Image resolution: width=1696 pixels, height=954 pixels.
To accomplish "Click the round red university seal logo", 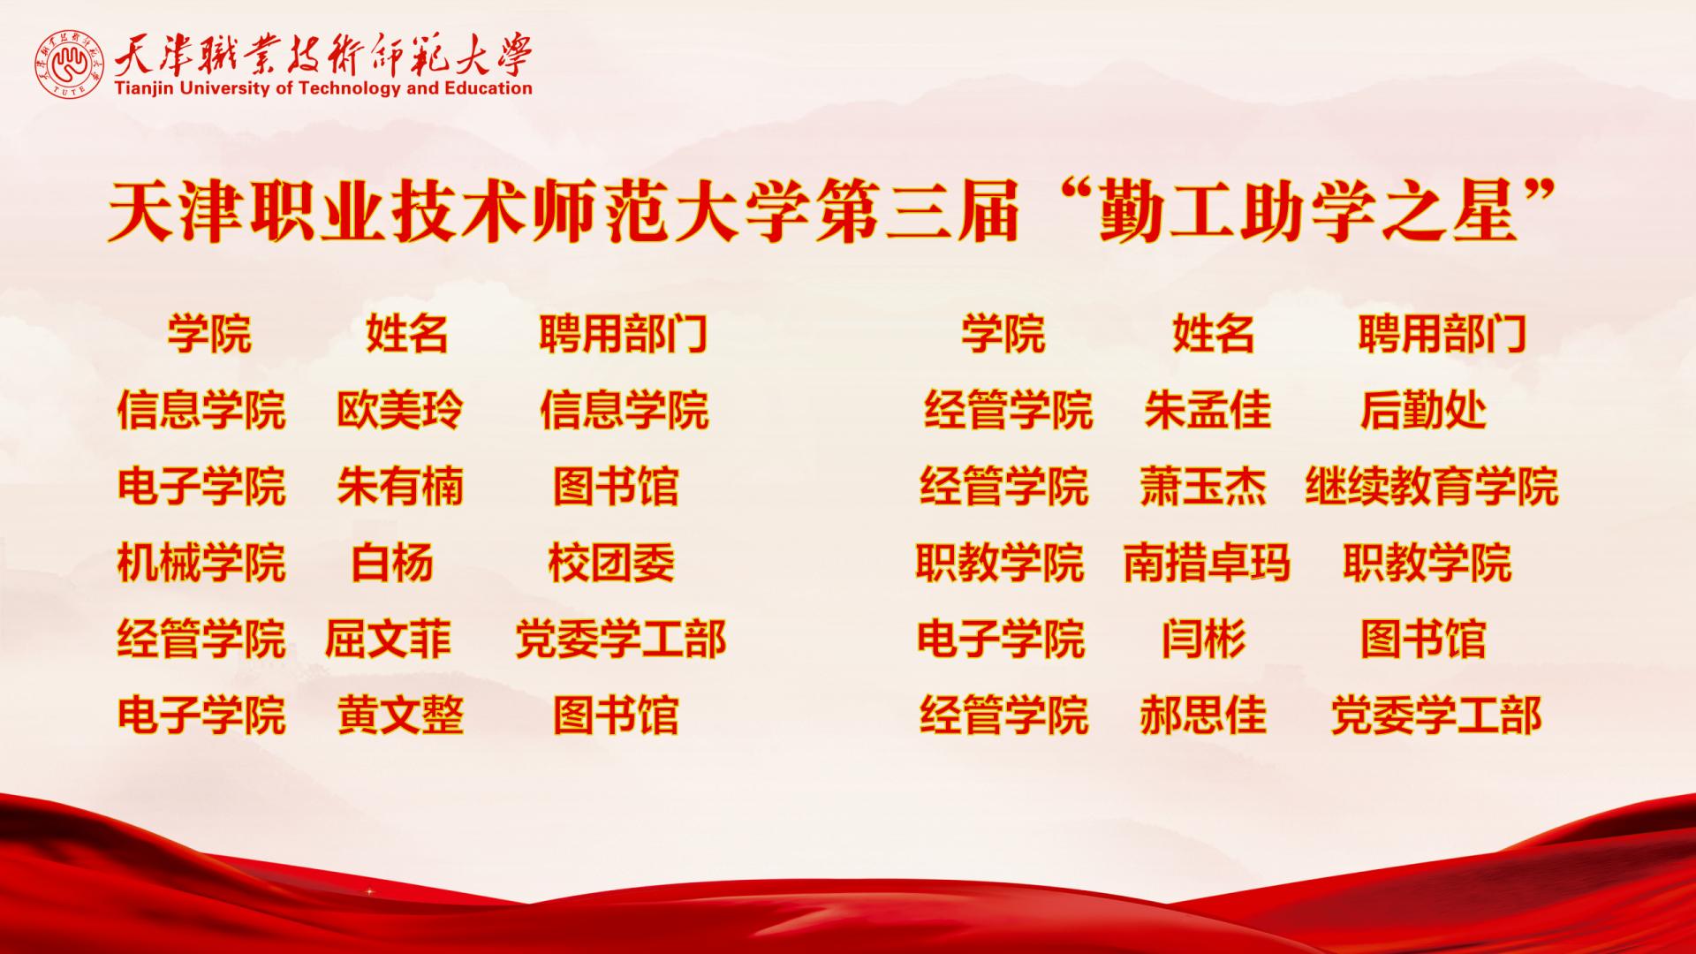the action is (x=70, y=65).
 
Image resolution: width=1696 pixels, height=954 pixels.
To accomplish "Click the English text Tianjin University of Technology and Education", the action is (x=323, y=88).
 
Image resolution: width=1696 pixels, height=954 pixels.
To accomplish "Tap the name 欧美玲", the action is (x=399, y=411).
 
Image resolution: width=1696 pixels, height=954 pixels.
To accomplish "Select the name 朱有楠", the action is (x=399, y=487).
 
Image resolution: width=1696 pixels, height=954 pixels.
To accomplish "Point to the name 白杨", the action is (x=392, y=563).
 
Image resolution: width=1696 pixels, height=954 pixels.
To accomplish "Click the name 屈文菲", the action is (x=389, y=639).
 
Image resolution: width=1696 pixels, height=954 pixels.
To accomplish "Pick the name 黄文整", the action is (x=400, y=715).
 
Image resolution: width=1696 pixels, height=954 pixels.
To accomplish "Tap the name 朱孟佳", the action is (x=1208, y=411).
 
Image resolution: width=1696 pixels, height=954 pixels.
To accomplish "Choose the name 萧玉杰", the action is (x=1203, y=487).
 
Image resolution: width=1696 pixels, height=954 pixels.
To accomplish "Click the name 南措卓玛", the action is (x=1207, y=563).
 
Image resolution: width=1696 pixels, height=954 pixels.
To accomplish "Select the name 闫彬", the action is (x=1203, y=639).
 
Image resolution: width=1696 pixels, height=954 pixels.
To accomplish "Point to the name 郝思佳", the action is (x=1203, y=715).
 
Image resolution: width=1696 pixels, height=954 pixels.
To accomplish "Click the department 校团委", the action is (x=611, y=563).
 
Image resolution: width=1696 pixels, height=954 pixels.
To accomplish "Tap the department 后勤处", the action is (x=1423, y=411).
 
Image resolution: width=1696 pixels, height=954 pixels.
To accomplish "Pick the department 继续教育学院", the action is (x=1432, y=487).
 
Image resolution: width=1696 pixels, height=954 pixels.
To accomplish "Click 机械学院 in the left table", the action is (x=201, y=563).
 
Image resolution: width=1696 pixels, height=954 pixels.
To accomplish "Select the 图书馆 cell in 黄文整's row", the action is (x=616, y=715).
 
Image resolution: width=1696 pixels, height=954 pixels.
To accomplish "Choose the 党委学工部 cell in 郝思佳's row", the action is (x=1436, y=715).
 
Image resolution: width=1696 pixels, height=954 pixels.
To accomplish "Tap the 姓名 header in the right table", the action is (x=1214, y=335).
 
